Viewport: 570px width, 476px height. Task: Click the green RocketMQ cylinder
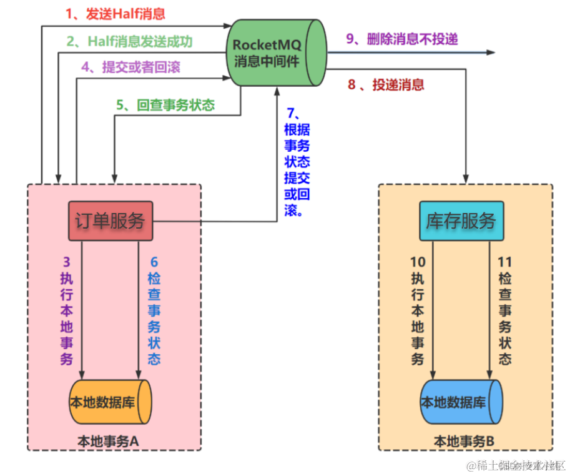tap(276, 52)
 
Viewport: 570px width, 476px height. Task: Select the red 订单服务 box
tap(110, 221)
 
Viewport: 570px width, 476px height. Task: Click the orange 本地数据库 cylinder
tap(110, 402)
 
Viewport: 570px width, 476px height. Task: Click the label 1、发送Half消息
tap(115, 13)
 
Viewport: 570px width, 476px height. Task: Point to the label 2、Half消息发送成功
tap(129, 41)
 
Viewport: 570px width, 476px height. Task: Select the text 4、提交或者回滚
tap(130, 67)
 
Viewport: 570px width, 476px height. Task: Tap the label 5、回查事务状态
tap(165, 105)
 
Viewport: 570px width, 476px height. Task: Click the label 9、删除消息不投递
tap(402, 39)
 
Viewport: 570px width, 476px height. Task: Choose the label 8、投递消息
tap(386, 84)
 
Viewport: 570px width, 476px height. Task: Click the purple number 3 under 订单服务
tap(67, 262)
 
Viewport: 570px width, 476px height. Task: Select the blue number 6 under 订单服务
tap(154, 262)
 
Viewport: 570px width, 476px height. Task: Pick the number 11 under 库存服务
tap(504, 262)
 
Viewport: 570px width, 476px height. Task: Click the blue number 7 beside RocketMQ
tap(290, 112)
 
